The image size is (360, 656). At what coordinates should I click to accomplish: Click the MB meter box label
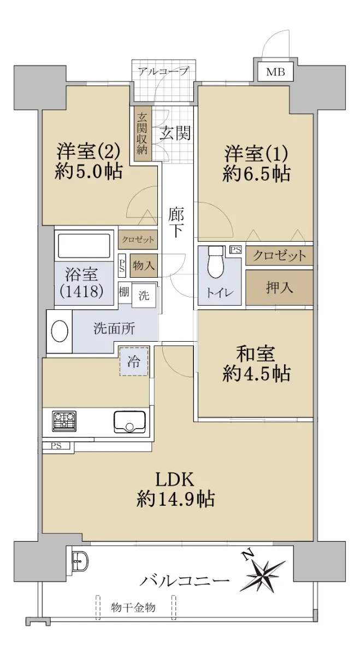click(275, 72)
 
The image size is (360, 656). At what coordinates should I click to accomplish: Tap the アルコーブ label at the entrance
click(163, 71)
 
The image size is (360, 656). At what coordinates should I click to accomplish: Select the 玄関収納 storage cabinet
click(143, 133)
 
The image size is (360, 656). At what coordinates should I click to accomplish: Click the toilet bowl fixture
click(216, 262)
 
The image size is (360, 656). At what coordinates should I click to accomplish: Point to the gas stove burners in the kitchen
click(64, 421)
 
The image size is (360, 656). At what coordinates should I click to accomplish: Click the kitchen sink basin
click(129, 421)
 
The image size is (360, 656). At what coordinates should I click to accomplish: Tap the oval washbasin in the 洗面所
click(60, 331)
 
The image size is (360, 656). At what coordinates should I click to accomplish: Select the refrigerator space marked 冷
click(134, 361)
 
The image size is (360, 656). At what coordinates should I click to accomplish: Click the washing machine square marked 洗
click(144, 296)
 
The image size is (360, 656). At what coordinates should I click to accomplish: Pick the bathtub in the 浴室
click(84, 245)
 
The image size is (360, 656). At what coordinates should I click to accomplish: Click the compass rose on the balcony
click(263, 570)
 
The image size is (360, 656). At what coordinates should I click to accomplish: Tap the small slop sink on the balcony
click(80, 560)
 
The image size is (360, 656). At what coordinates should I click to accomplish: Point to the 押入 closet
click(279, 288)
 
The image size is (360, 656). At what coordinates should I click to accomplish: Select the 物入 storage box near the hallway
click(144, 266)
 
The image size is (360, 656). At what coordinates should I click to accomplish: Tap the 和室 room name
click(256, 354)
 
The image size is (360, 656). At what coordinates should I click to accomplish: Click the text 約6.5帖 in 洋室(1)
click(256, 174)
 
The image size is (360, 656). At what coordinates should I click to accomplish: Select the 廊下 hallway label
click(176, 222)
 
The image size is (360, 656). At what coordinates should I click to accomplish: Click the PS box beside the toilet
click(236, 250)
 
